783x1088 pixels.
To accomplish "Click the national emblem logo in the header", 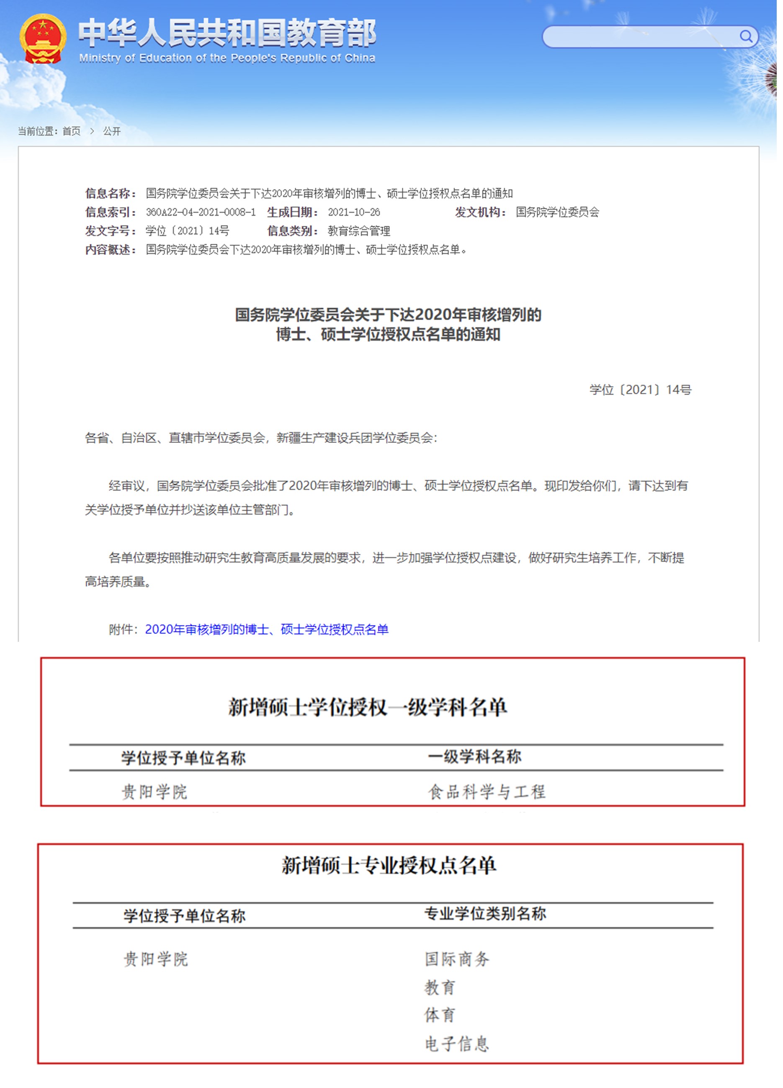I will click(x=43, y=39).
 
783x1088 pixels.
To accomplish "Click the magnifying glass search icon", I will click(x=745, y=36).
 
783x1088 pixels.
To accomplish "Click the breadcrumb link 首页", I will click(x=72, y=132).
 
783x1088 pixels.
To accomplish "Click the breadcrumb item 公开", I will click(x=112, y=132).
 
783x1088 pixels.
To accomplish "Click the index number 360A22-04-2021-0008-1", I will click(x=201, y=212).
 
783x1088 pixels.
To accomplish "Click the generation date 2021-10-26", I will click(x=354, y=212).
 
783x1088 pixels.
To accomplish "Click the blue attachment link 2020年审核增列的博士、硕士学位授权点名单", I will click(x=267, y=629).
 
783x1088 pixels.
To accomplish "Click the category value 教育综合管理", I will click(x=359, y=231).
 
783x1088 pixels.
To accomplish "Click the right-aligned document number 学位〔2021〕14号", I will click(x=640, y=390).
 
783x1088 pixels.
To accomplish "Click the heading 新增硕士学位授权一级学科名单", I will click(x=367, y=708).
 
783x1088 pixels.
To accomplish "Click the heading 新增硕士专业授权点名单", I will click(x=389, y=866).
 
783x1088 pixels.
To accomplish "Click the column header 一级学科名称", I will click(x=475, y=757).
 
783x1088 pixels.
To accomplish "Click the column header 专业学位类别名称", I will click(x=485, y=914).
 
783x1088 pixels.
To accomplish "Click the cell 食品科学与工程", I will click(x=487, y=792).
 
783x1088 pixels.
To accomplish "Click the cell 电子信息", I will click(x=457, y=1044).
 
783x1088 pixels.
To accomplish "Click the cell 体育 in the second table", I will click(x=440, y=1016).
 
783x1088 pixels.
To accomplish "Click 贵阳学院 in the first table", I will click(x=154, y=792).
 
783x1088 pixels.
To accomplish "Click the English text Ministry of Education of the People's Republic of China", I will click(x=227, y=58).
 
